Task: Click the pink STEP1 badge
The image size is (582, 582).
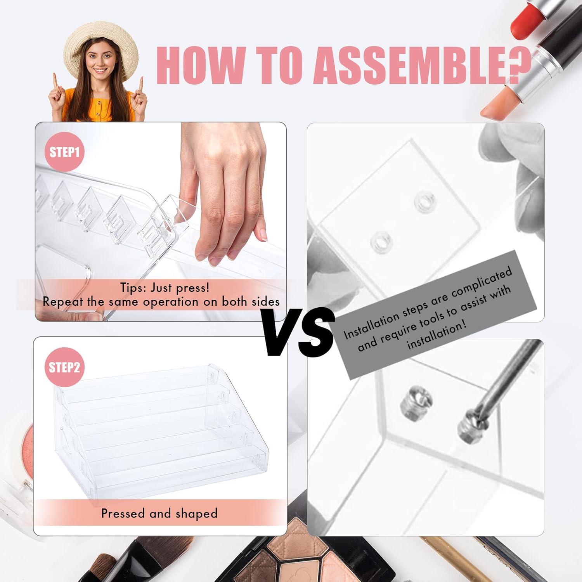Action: point(64,152)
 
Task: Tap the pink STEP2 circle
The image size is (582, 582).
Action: point(64,367)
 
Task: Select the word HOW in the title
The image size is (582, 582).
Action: point(201,64)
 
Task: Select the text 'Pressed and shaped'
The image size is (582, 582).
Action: point(159,513)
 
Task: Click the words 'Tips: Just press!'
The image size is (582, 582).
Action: point(165,288)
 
